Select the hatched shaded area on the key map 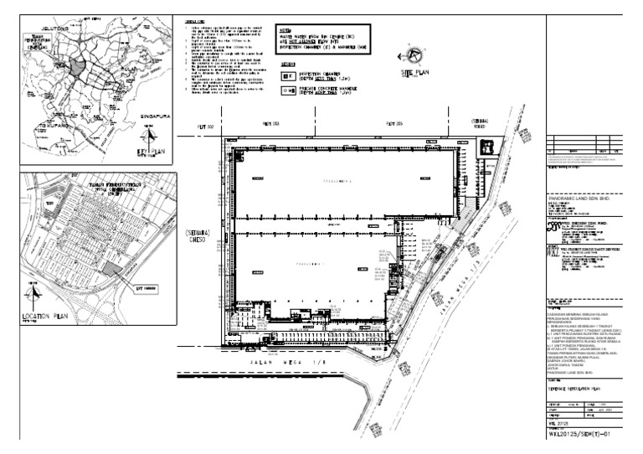(x=77, y=67)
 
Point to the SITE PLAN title (x=419, y=74)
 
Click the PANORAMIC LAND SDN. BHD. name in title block (x=583, y=199)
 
